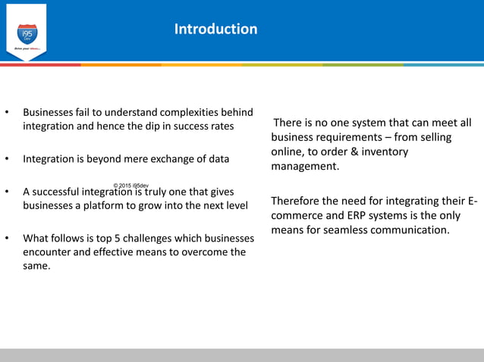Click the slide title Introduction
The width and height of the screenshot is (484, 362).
[x=215, y=29]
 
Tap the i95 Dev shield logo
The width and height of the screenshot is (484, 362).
[x=27, y=34]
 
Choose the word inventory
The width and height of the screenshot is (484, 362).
[x=385, y=151]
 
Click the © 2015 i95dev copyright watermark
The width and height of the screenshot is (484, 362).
[x=130, y=186]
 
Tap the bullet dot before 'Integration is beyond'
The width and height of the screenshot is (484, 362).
[x=7, y=160]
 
